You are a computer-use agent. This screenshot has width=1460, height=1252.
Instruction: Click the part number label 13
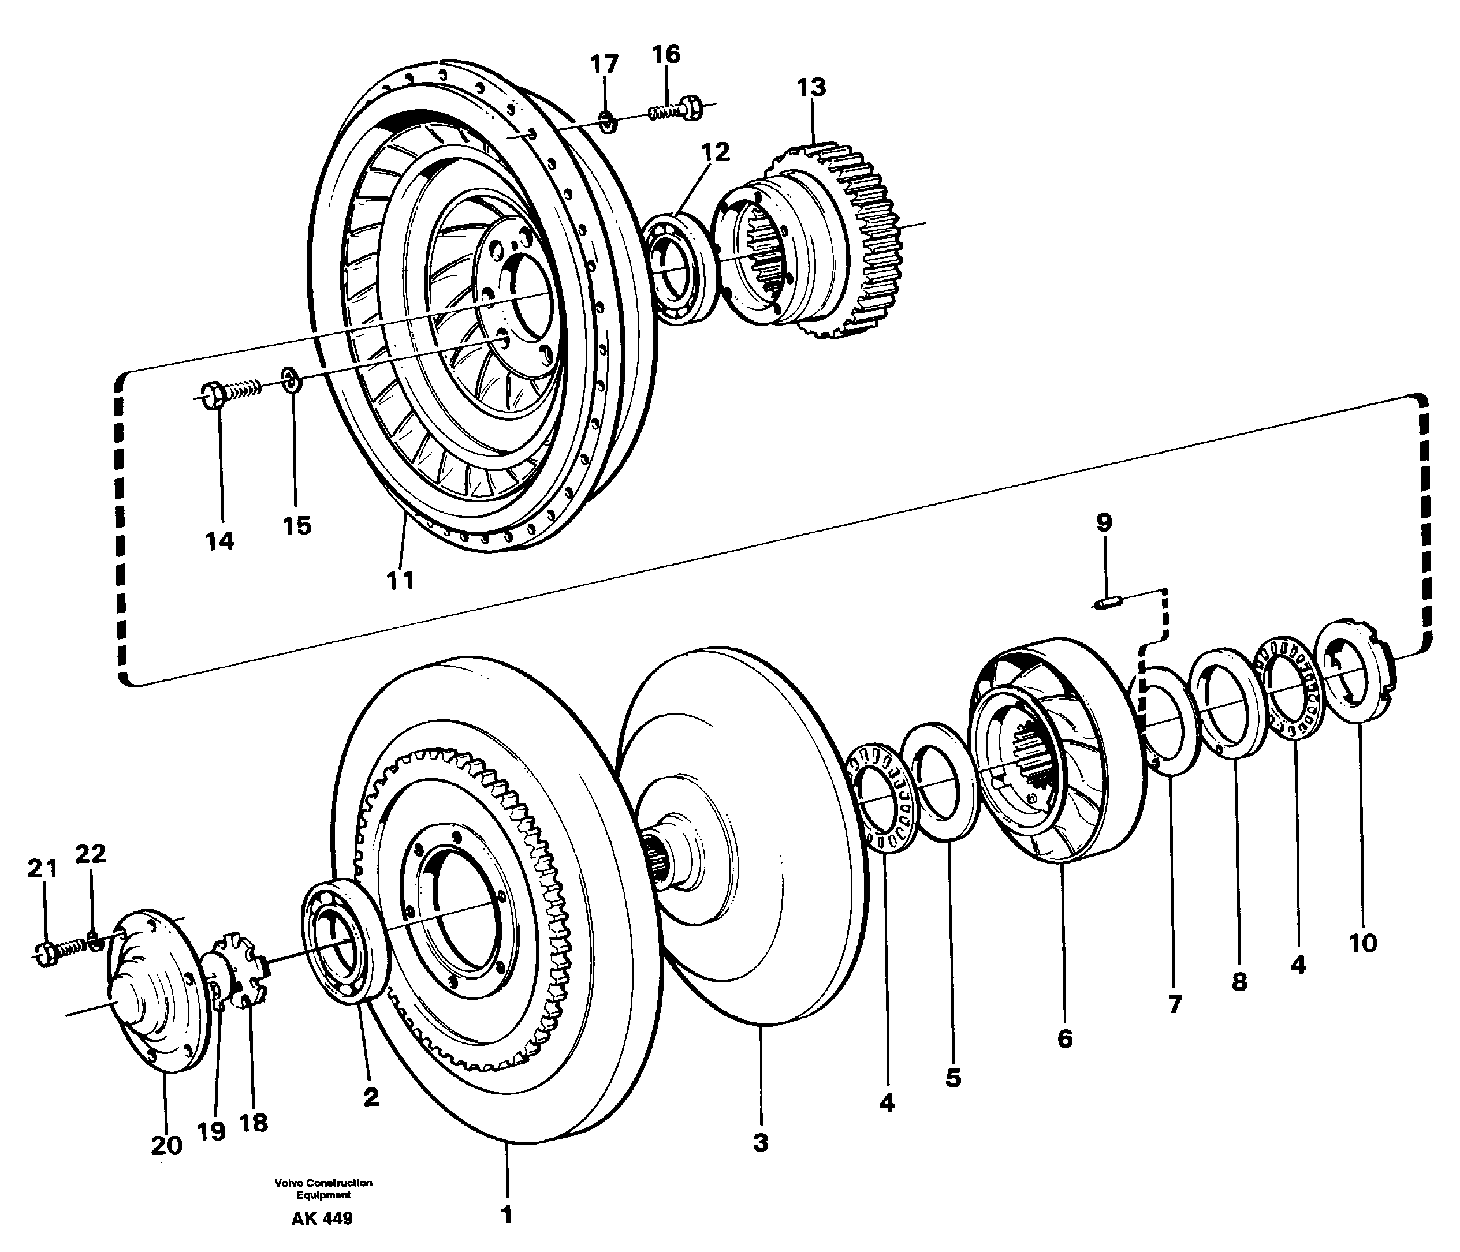click(811, 88)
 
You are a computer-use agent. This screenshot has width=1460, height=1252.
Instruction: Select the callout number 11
click(400, 580)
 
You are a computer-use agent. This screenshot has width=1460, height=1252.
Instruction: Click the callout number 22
click(90, 854)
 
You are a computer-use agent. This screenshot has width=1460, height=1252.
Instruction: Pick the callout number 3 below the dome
click(760, 1143)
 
